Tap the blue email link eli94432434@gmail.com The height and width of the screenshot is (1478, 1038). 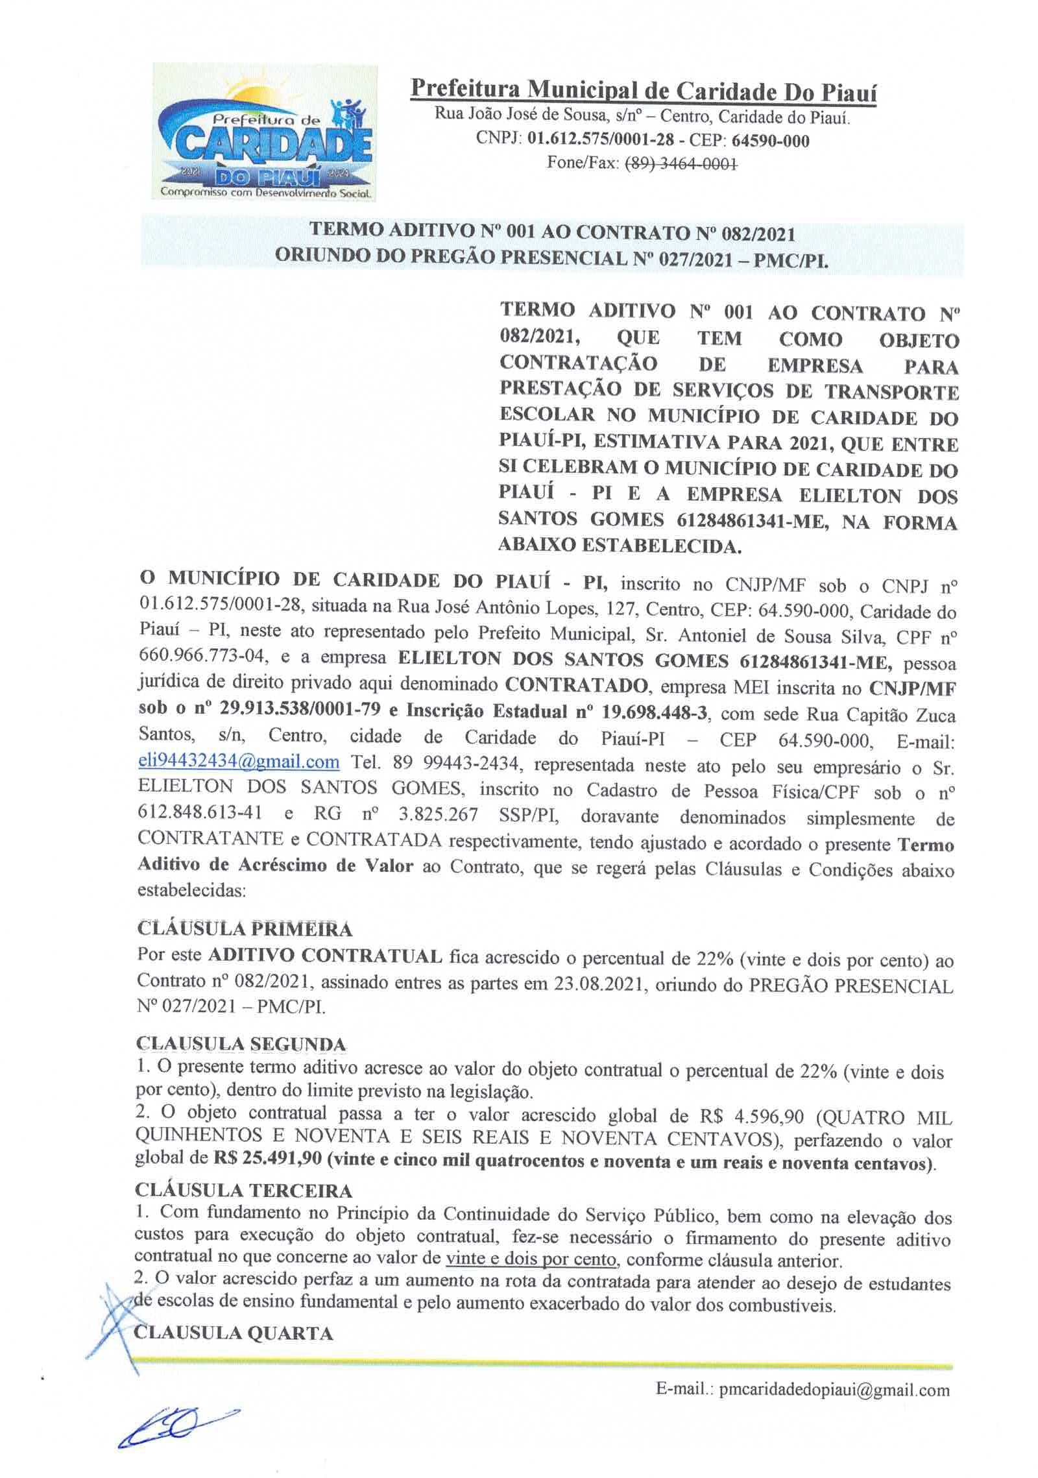[x=239, y=762]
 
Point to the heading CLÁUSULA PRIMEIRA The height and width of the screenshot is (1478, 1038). [x=245, y=928]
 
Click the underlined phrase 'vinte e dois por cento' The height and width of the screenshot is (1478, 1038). [x=531, y=1259]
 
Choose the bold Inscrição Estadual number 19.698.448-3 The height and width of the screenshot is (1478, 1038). [x=652, y=712]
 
